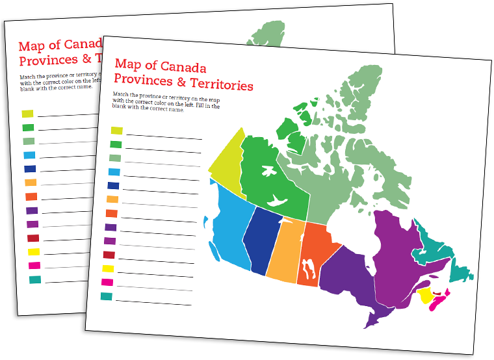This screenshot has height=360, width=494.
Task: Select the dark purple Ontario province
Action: pos(348,279)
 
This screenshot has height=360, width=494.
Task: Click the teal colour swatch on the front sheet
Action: pos(107,296)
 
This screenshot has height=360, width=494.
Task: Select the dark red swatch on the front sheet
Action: pos(109,255)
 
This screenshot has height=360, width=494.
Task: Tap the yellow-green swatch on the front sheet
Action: pos(117,131)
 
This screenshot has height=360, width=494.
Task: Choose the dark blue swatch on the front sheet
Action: pos(113,186)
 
